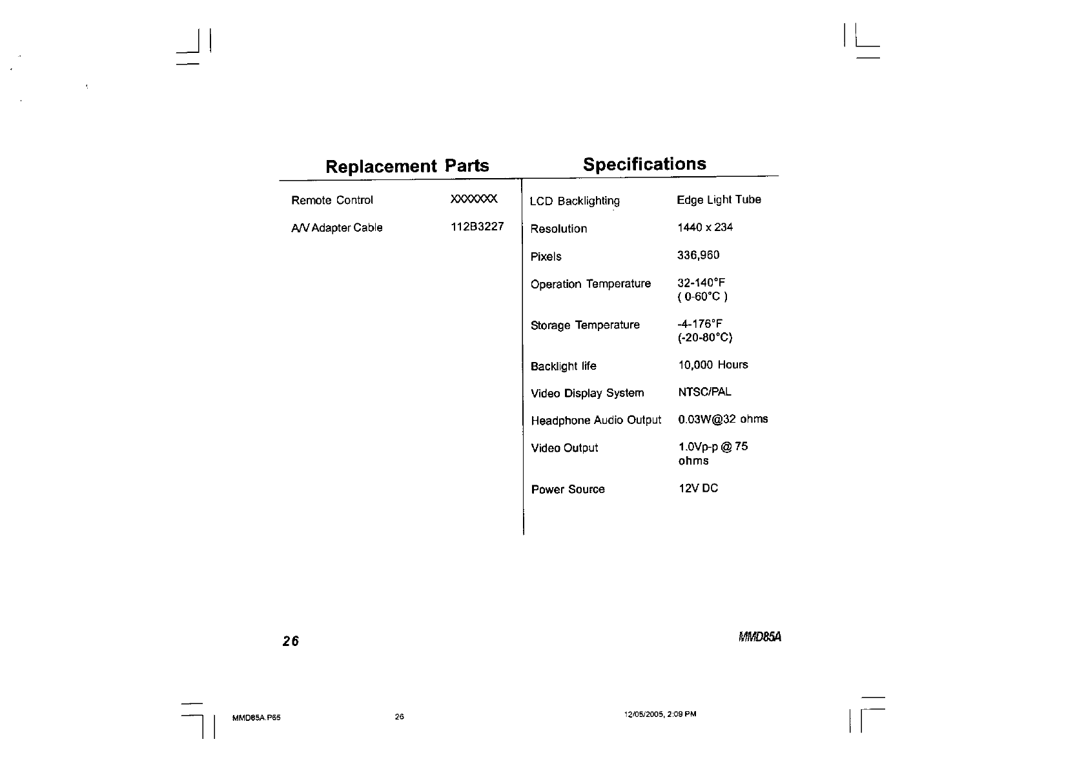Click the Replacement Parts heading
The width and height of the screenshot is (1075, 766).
click(x=407, y=166)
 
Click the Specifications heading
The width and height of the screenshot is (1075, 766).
click(x=644, y=164)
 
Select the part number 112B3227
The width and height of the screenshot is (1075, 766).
click(x=476, y=227)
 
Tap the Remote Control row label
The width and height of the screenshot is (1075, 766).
click(x=332, y=200)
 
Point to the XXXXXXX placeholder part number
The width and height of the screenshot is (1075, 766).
click(x=474, y=199)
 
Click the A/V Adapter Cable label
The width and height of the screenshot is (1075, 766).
click(x=336, y=228)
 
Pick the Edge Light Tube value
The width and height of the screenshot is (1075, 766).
click(x=719, y=200)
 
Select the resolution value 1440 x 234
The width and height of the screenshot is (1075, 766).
click(x=704, y=227)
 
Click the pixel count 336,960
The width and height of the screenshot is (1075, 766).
click(x=698, y=255)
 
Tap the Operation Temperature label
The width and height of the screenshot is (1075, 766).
click(x=590, y=284)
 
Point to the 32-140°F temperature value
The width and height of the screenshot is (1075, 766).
click(x=701, y=283)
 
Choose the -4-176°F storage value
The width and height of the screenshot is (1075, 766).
click(x=700, y=324)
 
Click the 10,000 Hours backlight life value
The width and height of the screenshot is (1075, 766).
click(x=713, y=365)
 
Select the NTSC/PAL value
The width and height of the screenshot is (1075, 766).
click(x=704, y=392)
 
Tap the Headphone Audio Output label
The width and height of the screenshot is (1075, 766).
click(x=596, y=421)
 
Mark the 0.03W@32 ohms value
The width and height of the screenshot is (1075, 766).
click(x=722, y=419)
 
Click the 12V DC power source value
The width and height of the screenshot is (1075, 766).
click(x=698, y=489)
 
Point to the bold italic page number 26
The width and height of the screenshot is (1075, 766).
click(x=291, y=641)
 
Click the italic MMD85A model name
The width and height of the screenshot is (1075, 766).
click(x=759, y=637)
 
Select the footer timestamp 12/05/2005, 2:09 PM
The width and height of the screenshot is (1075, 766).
click(x=660, y=714)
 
